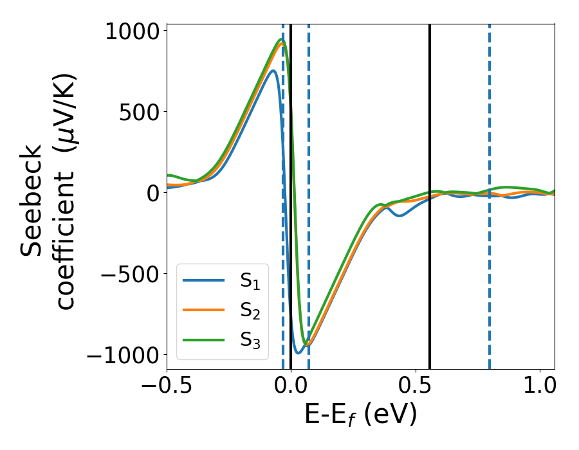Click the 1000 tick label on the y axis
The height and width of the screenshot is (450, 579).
pos(131,31)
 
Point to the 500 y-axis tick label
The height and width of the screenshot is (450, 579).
pos(138,112)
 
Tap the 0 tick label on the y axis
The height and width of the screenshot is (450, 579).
pos(152,193)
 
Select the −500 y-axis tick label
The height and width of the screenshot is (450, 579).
pos(129,274)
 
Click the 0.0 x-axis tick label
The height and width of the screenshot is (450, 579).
pos(291,388)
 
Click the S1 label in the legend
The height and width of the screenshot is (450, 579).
pos(250,281)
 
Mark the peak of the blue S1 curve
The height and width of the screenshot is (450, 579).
pos(273,71)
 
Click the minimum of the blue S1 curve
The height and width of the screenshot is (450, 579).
pos(298,353)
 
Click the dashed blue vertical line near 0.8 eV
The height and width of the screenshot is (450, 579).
pos(489,129)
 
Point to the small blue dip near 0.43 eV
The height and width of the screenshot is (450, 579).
pos(400,215)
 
